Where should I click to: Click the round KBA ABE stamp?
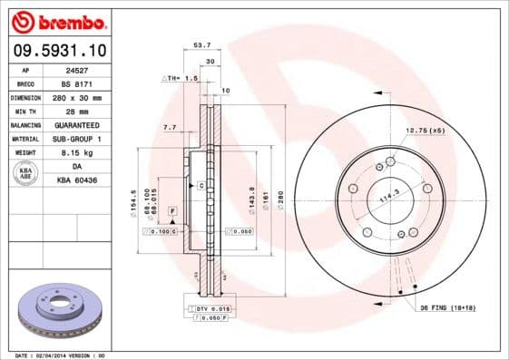pos(26,173)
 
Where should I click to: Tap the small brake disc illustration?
pos(57,309)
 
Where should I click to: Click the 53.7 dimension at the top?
pos(203,44)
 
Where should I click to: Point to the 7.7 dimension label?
pos(169,128)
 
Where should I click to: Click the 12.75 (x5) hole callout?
pos(426,131)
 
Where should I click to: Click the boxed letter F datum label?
pos(171,210)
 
